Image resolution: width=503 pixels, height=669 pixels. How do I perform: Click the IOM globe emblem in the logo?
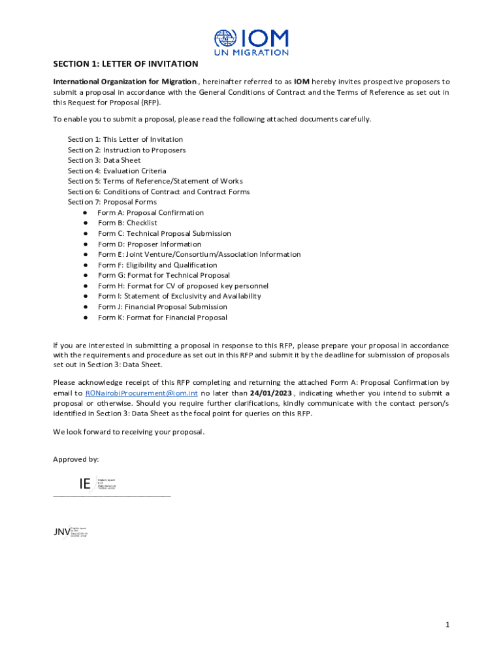[226, 39]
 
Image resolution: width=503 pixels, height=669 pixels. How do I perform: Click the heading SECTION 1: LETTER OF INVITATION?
[125, 64]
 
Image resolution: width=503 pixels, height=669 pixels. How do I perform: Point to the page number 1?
[447, 625]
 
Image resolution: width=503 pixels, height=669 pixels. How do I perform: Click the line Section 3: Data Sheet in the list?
[104, 160]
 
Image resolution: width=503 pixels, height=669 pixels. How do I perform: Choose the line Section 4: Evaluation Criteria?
[117, 171]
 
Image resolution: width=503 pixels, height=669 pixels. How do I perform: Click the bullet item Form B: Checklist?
[127, 223]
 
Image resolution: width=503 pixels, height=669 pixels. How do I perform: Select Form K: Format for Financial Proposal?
[163, 318]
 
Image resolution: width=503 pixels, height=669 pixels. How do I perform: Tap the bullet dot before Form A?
[86, 213]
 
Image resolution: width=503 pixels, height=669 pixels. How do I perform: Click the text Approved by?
[76, 459]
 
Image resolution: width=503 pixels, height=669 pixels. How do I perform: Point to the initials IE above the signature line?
[85, 484]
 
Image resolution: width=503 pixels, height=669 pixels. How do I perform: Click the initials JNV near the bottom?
[61, 532]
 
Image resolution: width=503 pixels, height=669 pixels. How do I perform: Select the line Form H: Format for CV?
[183, 286]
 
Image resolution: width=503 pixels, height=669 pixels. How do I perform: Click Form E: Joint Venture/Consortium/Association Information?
[190, 254]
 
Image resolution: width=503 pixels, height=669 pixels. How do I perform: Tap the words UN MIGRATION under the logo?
[252, 52]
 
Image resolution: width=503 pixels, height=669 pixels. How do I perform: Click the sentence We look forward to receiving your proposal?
[129, 432]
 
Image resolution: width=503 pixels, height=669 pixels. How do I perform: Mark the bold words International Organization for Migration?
[125, 82]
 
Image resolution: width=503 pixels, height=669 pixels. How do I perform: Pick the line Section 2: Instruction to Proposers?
[127, 150]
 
